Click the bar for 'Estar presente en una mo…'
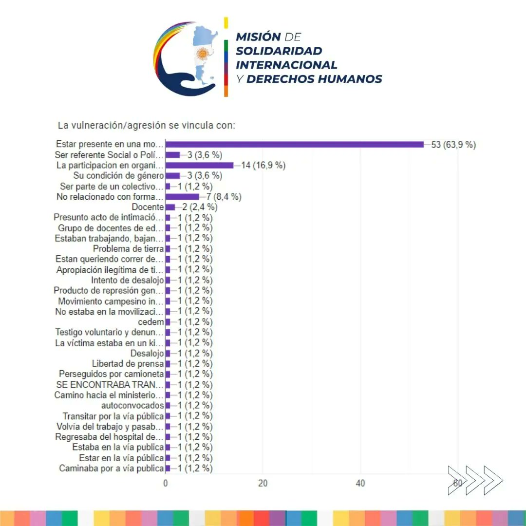click(x=295, y=144)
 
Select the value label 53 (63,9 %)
click(x=453, y=145)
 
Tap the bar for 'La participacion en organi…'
click(x=200, y=165)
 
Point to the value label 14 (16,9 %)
click(x=263, y=166)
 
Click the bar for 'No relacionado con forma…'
click(x=183, y=197)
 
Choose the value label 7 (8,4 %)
click(x=224, y=197)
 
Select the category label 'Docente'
click(x=147, y=207)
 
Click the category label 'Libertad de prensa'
click(x=128, y=364)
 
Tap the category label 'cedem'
click(x=151, y=322)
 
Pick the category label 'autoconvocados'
click(x=132, y=406)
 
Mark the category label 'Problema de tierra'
click(x=128, y=249)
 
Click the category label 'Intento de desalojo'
click(x=127, y=280)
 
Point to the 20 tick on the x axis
click(x=263, y=483)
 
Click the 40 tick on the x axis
click(x=360, y=483)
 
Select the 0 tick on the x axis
click(x=166, y=483)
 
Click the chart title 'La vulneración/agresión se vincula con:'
click(x=147, y=126)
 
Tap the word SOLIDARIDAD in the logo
click(x=279, y=51)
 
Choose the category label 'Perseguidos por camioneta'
click(x=112, y=374)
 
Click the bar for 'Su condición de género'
click(x=173, y=176)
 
